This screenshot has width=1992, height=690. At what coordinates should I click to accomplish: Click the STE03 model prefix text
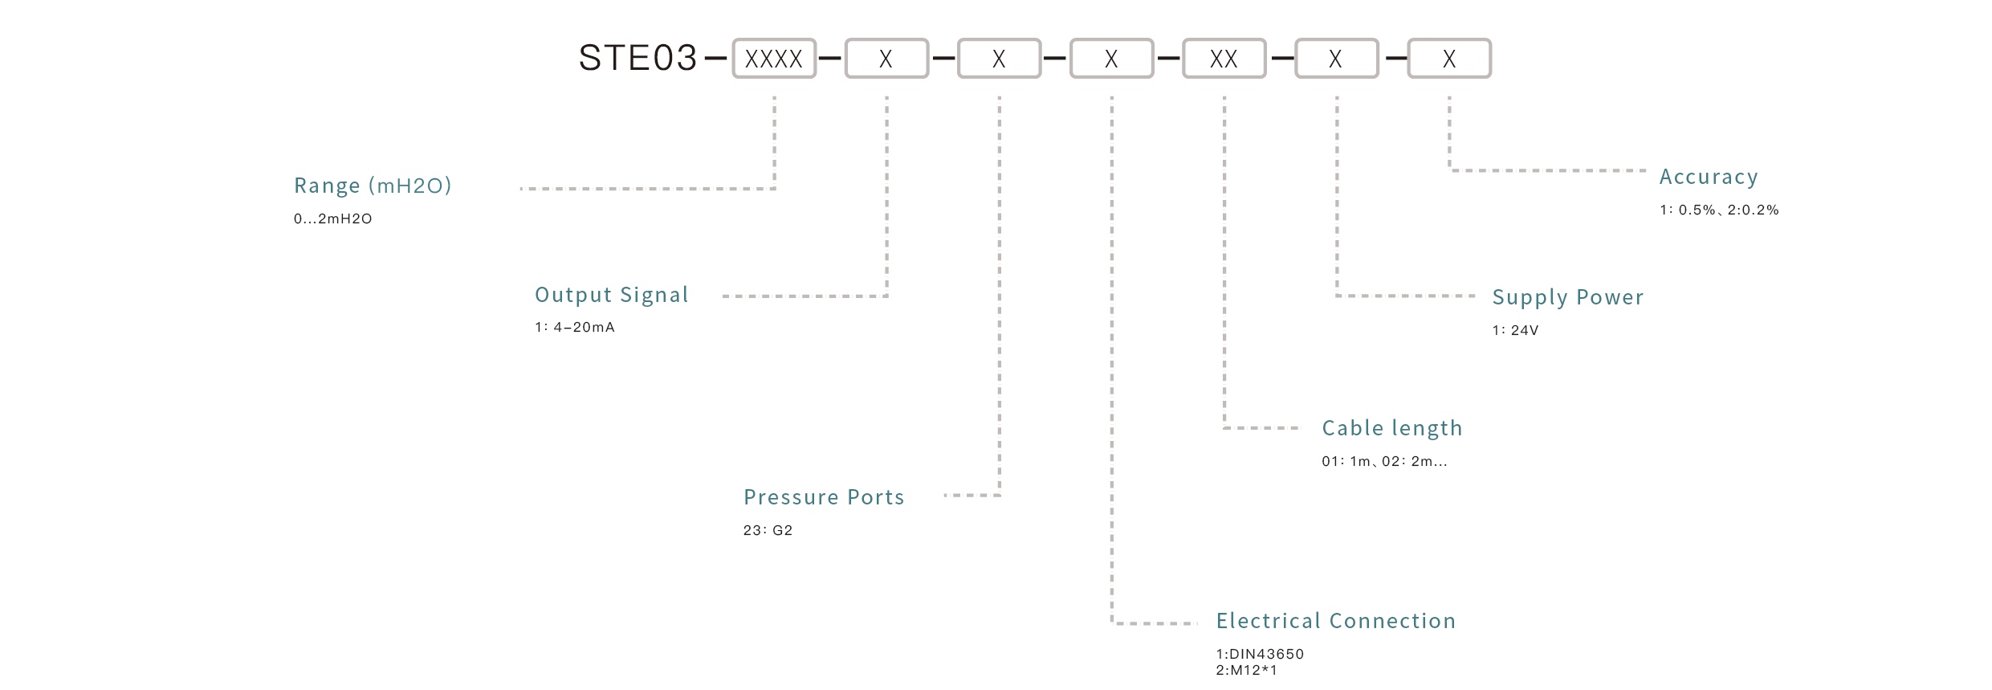638,58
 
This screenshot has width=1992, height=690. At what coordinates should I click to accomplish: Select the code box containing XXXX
774,59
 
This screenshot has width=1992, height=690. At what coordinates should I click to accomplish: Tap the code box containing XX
1224,59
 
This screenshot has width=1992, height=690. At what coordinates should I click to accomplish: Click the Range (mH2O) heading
373,186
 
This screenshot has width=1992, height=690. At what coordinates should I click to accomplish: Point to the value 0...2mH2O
332,218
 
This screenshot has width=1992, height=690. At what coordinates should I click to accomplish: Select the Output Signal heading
612,295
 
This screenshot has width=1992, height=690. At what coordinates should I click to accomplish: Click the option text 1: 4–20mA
575,327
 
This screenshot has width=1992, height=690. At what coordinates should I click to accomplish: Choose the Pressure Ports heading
824,497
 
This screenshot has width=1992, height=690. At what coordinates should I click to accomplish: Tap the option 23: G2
768,530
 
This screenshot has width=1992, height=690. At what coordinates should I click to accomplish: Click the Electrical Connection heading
1335,621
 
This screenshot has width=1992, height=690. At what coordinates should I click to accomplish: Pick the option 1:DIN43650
1260,654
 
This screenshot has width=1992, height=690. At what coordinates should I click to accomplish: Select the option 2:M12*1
1246,670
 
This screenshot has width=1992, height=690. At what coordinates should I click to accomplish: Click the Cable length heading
1392,428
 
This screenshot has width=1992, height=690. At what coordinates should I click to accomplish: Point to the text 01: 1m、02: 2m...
1384,461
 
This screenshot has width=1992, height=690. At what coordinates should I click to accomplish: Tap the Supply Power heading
1567,297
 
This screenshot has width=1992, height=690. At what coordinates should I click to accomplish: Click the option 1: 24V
1515,330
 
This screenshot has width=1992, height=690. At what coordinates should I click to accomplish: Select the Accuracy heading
1709,177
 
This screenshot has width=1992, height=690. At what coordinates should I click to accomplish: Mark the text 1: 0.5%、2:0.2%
1719,210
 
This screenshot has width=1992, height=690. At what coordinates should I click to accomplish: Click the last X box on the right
1449,59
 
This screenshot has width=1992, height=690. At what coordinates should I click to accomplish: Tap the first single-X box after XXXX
886,59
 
